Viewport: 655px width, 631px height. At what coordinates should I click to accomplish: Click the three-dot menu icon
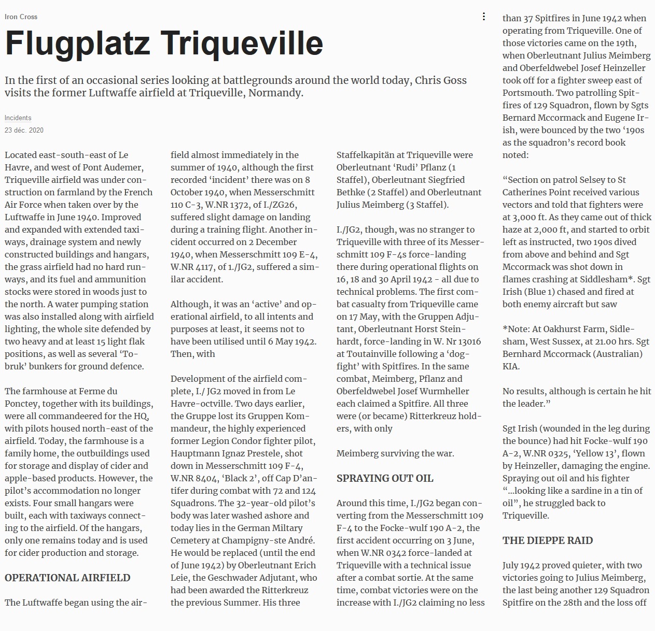[483, 17]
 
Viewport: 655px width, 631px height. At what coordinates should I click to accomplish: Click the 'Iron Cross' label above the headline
[21, 17]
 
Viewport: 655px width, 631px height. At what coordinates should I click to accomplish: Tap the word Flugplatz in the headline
[77, 44]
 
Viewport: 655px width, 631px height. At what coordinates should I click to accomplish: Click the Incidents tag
[18, 118]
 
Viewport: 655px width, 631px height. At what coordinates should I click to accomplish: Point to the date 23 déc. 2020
[24, 130]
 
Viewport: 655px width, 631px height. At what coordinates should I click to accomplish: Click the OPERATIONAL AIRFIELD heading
[67, 578]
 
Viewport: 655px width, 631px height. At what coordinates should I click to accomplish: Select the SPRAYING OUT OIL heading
[385, 478]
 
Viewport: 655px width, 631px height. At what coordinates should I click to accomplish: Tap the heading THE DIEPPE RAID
[547, 540]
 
